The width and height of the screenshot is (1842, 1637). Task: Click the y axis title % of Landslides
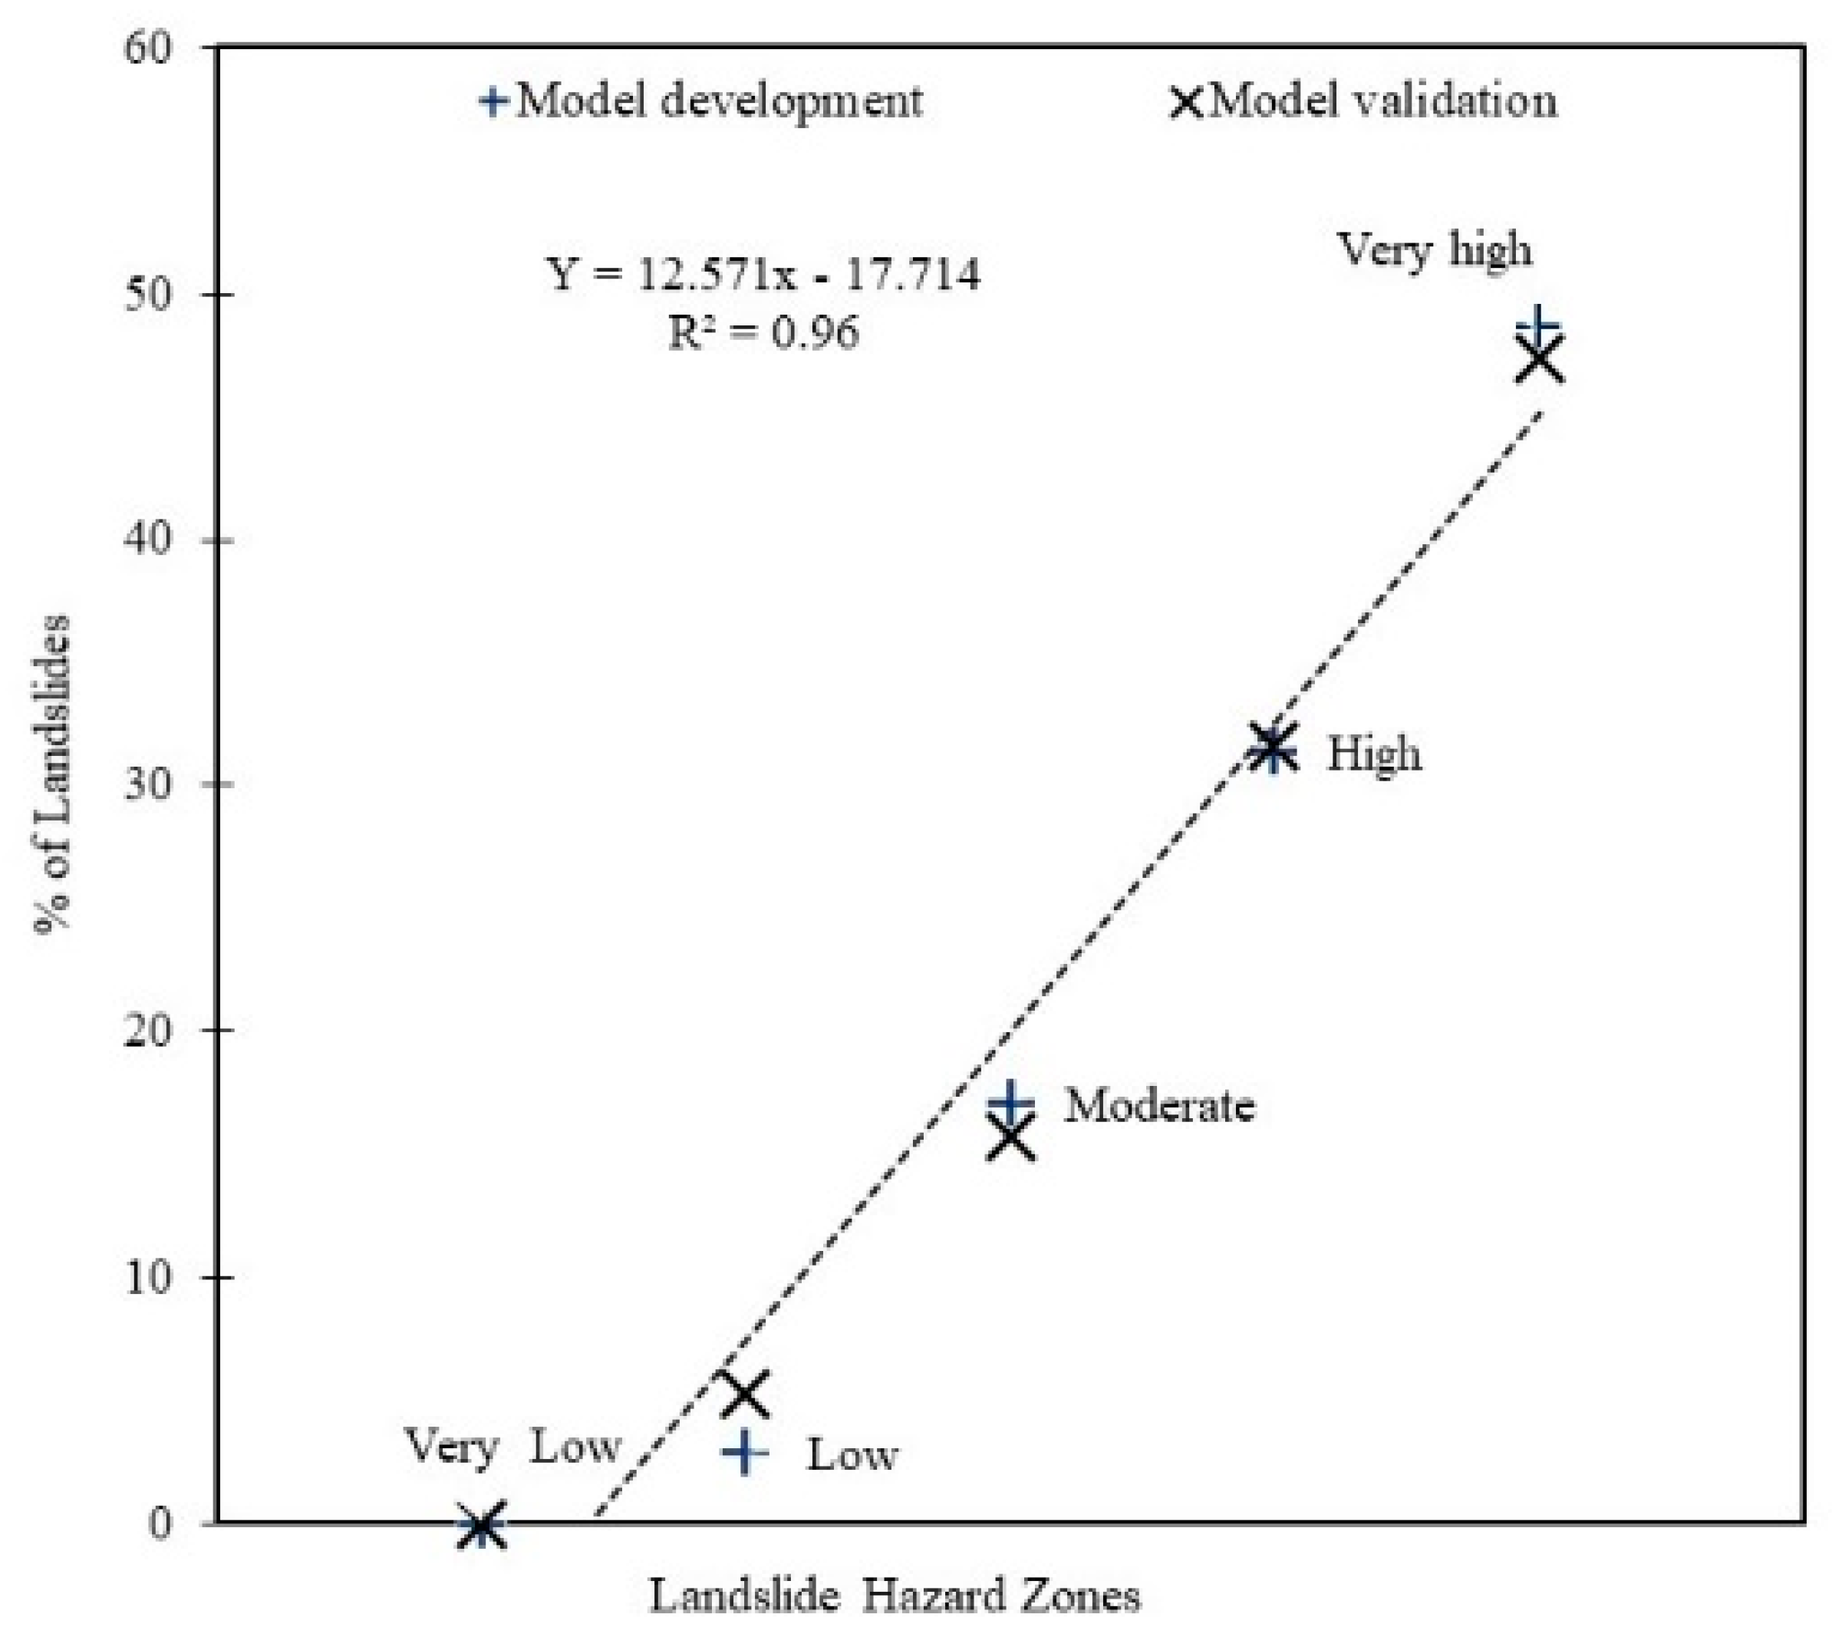coord(52,775)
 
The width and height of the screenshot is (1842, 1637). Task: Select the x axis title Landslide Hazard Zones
coord(894,1596)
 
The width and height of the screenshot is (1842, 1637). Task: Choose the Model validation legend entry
coord(1363,100)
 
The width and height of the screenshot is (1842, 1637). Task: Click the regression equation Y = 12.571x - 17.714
coord(764,273)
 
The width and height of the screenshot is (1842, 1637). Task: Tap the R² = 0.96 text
coord(764,332)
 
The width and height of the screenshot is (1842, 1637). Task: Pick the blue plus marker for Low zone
coord(744,1452)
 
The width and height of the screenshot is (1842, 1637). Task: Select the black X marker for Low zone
coord(744,1394)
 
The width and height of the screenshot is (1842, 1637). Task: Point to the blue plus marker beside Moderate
coord(1010,1101)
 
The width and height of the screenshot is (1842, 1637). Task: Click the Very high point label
coord(1435,249)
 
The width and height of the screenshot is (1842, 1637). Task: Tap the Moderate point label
coord(1159,1105)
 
